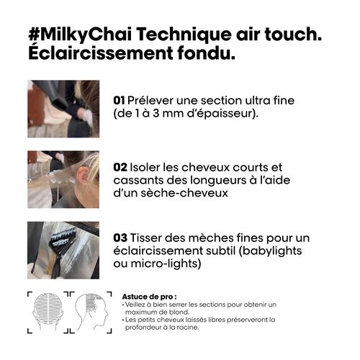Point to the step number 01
coord(120,100)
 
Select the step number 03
coord(121,238)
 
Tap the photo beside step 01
coord(63,109)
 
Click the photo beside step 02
coord(63,179)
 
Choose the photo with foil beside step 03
coord(63,250)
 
